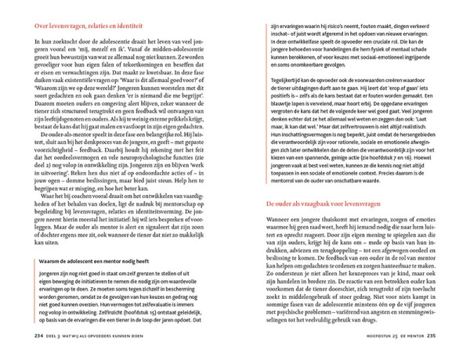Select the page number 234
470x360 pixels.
pos(39,337)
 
